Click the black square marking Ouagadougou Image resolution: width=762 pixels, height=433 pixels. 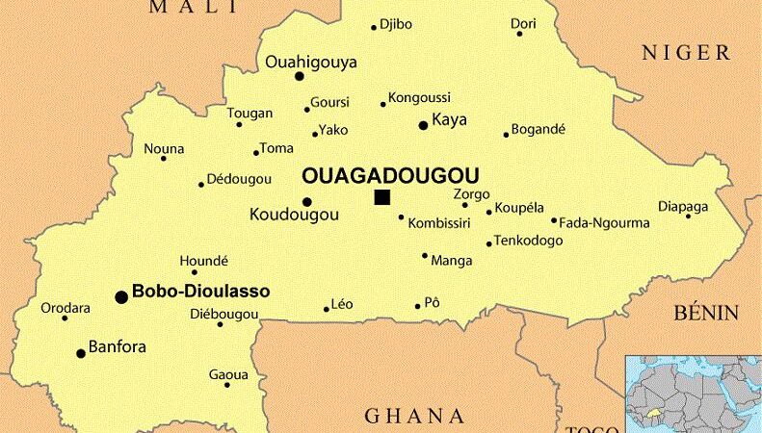coord(382,198)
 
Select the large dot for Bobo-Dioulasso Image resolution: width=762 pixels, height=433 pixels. coord(121,297)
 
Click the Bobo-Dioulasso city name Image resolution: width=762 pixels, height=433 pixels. coord(200,290)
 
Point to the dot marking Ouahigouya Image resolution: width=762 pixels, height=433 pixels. coord(300,76)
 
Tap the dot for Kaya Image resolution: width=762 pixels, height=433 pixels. coord(422,125)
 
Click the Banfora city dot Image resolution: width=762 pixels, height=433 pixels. coord(81,353)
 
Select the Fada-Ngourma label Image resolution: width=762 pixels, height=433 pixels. coord(604,223)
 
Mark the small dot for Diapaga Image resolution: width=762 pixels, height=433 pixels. coord(688,216)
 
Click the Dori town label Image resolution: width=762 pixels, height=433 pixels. coord(523,23)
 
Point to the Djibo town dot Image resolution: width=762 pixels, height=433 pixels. coord(374,27)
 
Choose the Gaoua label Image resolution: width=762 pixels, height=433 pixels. coord(228,374)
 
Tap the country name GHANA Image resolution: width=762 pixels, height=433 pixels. coord(414,416)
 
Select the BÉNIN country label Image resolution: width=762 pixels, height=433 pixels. coord(706,313)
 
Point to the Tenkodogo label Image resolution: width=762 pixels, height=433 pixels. coord(528,241)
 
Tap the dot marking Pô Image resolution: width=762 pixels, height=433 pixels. coord(418,307)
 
